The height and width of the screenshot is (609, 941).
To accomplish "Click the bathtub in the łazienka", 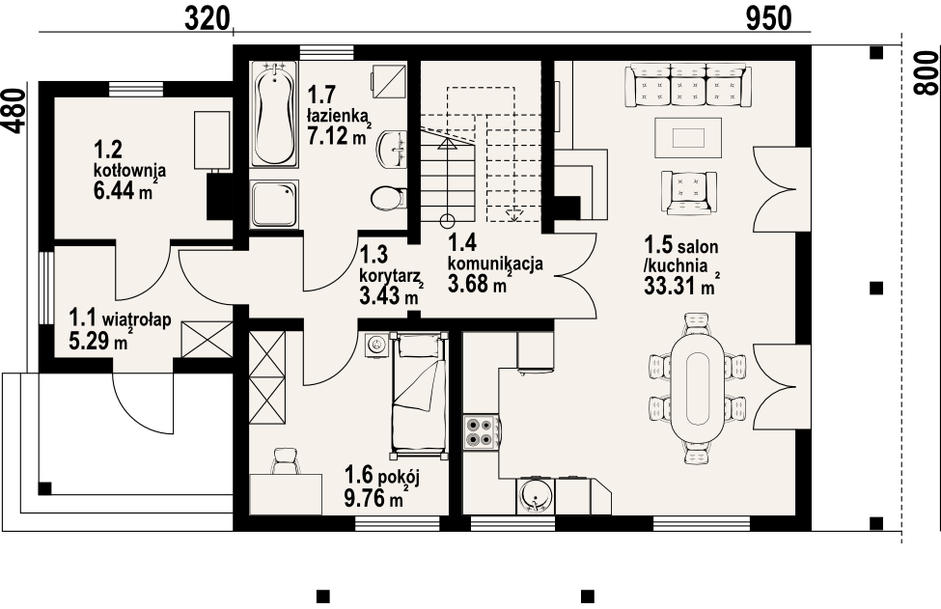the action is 274,112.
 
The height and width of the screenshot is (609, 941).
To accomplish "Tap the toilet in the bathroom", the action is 388,198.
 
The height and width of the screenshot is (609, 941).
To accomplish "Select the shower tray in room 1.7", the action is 274,205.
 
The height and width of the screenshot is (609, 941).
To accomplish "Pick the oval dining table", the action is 698,389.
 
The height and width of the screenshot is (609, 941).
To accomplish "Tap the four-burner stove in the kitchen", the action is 482,432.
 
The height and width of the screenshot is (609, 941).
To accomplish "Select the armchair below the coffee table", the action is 689,192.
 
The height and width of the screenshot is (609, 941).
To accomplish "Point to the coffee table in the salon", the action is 688,137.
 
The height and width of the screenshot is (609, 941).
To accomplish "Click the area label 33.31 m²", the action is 681,286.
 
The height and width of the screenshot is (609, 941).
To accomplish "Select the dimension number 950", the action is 769,18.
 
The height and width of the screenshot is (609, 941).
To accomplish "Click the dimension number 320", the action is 208,18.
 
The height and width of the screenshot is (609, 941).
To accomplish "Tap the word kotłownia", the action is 129,171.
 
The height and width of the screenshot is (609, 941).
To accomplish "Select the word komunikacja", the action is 496,263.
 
